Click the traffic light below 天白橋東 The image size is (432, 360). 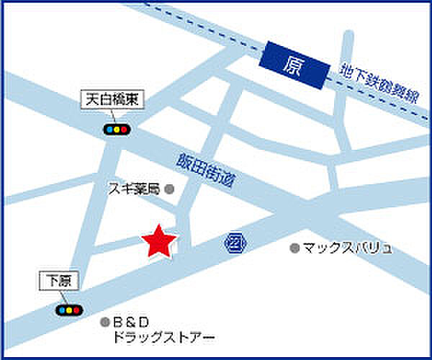[115, 130]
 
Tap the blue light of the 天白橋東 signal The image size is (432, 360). [107, 130]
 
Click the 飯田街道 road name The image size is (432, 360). [207, 172]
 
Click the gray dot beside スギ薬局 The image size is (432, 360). [170, 189]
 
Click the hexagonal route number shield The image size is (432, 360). [234, 241]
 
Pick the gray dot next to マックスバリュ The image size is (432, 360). [294, 248]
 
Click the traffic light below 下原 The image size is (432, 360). [68, 310]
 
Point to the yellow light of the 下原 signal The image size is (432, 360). [68, 310]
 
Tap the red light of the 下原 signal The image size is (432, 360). [76, 310]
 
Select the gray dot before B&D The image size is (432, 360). [105, 322]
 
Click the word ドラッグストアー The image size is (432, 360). [163, 336]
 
